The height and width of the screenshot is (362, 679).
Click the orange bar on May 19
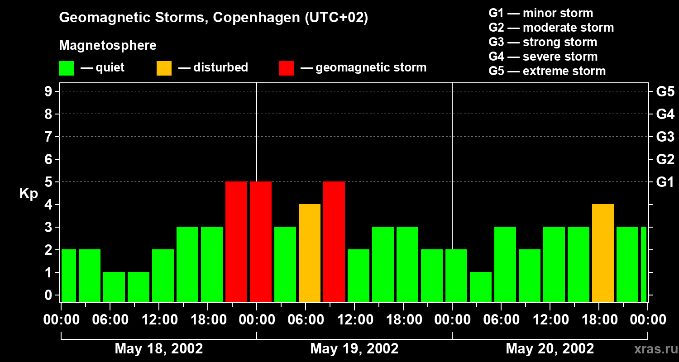pos(310,253)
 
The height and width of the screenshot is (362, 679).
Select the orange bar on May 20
pos(603,253)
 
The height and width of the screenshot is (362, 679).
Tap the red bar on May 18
pos(236,242)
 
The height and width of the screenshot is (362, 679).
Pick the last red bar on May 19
pos(334,242)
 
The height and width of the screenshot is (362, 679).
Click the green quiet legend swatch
pos(66,68)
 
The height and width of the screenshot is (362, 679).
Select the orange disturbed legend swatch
pos(164,68)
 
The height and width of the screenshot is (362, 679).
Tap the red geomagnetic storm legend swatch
pos(286,68)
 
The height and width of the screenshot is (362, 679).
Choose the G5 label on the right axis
pos(665,92)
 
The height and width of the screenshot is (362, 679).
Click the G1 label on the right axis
pos(665,182)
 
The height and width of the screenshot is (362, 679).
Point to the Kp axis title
pos(29,194)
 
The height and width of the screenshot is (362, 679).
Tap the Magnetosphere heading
pos(108,46)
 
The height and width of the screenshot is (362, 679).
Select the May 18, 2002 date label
pos(159,348)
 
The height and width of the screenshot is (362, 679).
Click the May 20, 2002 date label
pos(550,348)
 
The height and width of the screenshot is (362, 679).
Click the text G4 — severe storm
pos(543,57)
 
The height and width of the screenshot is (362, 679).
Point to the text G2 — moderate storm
pos(551,28)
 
